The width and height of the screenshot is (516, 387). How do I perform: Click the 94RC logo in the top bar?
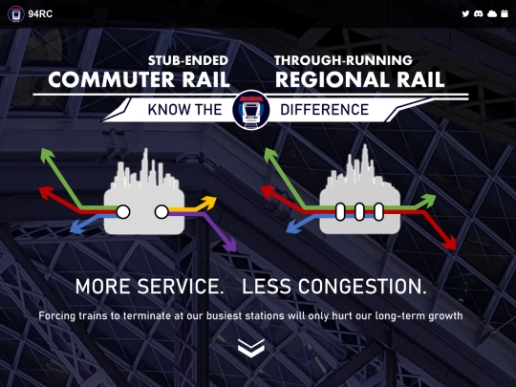point(16,13)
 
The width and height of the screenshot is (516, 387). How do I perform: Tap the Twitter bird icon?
point(465,13)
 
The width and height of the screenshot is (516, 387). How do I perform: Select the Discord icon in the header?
point(478,13)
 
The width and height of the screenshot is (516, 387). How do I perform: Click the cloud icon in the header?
point(492,13)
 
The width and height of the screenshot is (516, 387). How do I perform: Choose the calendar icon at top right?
point(505,13)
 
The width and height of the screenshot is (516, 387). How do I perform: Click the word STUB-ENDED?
point(188,60)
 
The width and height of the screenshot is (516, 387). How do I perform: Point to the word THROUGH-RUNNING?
point(343,60)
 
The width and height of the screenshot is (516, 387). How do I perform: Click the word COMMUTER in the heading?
point(111,79)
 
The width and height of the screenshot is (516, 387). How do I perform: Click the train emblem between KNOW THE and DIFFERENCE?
point(251,110)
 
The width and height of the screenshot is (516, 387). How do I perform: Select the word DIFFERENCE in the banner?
point(325,110)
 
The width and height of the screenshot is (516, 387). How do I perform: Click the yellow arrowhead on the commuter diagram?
point(209,203)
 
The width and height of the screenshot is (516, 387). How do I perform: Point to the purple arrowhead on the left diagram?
point(230,246)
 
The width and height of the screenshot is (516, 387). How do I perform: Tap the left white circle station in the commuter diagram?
point(123,211)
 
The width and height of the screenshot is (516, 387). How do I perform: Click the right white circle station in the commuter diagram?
point(161,211)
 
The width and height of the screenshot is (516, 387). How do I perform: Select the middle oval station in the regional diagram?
point(359,211)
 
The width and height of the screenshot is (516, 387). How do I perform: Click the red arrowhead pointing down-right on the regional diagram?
point(449,243)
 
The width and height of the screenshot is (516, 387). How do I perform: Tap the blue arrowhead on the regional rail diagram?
point(294,227)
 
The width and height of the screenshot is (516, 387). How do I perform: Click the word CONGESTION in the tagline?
point(361,287)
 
